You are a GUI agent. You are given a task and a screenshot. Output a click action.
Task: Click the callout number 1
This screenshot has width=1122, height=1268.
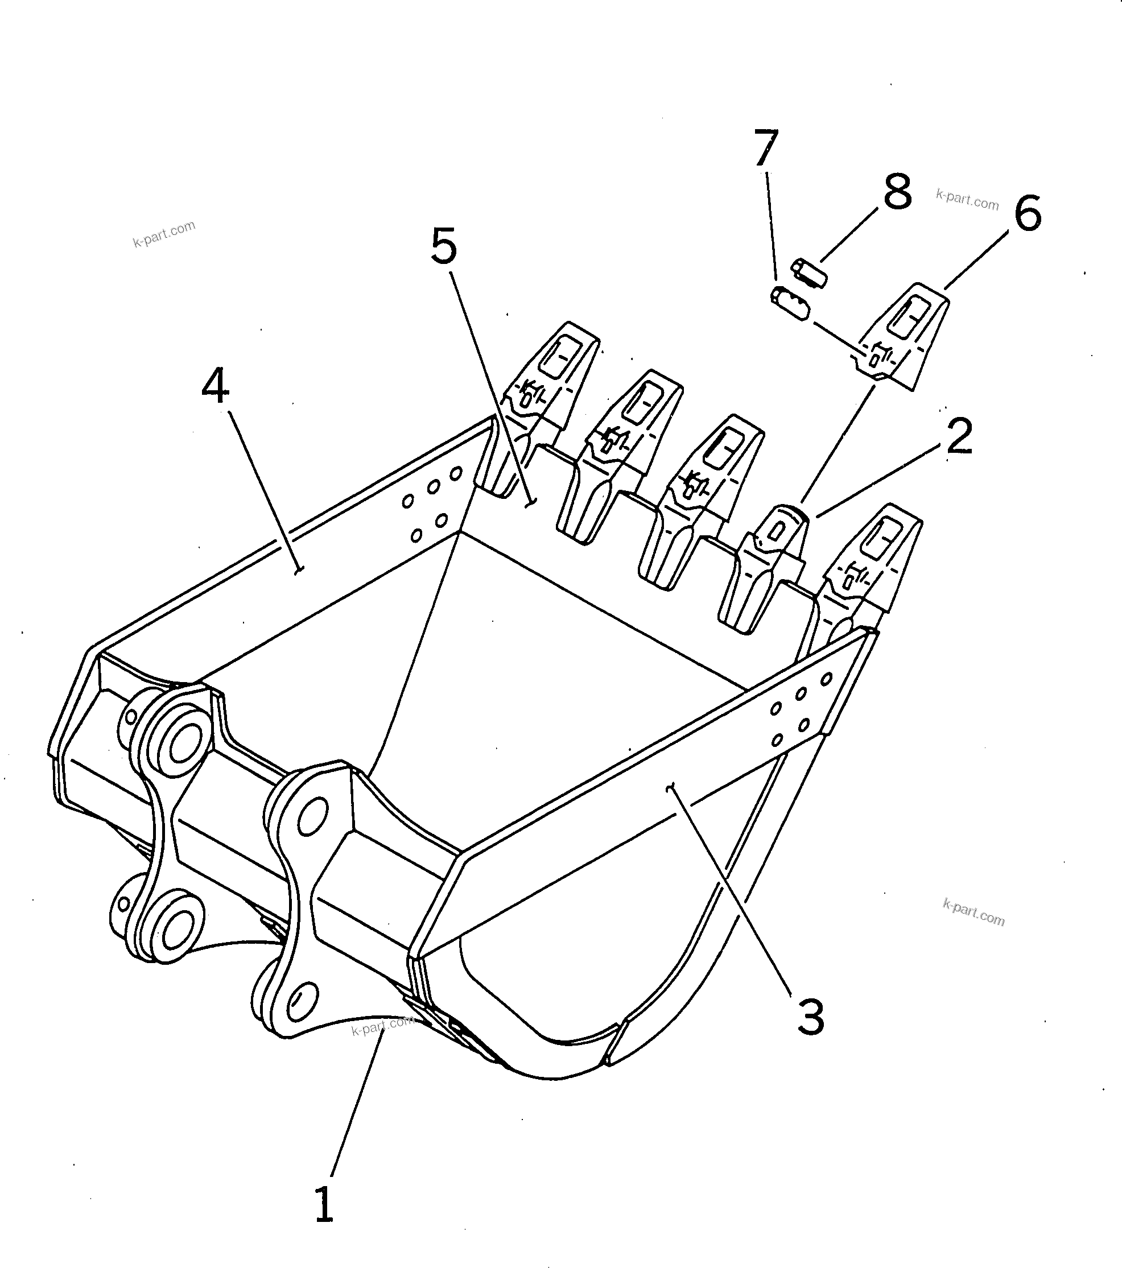(324, 1204)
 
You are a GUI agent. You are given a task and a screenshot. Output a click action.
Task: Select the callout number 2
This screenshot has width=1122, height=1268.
(959, 436)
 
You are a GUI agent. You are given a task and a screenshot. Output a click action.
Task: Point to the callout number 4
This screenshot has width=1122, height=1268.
(215, 386)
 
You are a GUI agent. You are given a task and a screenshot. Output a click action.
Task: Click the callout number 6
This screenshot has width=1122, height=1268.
(1028, 214)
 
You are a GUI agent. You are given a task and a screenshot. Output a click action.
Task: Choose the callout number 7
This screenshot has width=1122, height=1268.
(766, 148)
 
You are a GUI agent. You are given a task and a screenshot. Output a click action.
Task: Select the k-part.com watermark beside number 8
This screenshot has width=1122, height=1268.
(967, 200)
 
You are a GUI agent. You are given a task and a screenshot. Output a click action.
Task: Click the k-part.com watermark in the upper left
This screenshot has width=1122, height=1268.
(164, 233)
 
